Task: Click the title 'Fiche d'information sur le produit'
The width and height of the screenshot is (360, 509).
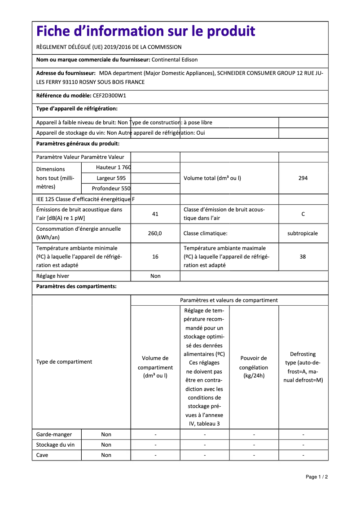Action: click(x=145, y=31)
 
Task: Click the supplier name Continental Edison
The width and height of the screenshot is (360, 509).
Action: click(x=175, y=60)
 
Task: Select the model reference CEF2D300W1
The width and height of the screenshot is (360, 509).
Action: click(x=110, y=96)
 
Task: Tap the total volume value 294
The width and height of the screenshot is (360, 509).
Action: click(x=303, y=178)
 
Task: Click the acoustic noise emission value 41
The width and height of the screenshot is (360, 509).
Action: click(x=155, y=214)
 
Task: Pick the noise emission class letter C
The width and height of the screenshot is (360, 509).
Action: click(x=303, y=214)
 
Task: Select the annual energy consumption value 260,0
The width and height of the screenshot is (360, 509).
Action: click(x=155, y=233)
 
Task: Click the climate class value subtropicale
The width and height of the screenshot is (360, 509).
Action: click(x=303, y=233)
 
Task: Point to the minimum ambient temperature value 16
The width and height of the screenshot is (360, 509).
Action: click(x=155, y=257)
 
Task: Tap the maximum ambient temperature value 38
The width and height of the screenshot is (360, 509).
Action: click(x=303, y=257)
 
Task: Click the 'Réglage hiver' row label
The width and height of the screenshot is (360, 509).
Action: click(x=53, y=276)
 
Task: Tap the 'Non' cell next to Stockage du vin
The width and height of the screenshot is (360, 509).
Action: click(x=106, y=445)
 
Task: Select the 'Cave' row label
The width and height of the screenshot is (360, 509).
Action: click(x=42, y=455)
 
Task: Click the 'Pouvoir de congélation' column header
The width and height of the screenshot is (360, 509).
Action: click(x=254, y=367)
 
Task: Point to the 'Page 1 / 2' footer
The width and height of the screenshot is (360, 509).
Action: click(x=317, y=477)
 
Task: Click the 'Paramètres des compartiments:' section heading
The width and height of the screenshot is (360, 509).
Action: click(x=76, y=286)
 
